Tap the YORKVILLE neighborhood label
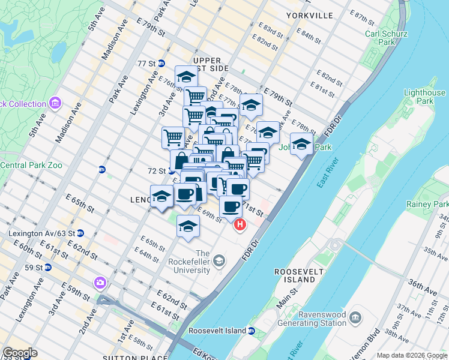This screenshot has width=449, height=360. tap(309, 16)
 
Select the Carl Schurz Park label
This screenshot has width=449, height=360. tap(388, 38)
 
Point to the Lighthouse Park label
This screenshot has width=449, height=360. tap(424, 97)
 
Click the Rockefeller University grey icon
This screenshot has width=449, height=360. tap(220, 260)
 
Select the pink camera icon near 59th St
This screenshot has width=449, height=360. tap(99, 282)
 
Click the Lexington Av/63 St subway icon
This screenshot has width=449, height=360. tap(80, 233)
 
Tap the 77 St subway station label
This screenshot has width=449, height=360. tap(146, 64)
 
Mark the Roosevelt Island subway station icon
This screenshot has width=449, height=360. tap(252, 331)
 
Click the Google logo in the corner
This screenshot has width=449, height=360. tap(20, 353)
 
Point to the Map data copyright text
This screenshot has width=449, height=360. tap(412, 355)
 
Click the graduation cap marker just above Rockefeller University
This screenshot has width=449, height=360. tap(188, 226)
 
